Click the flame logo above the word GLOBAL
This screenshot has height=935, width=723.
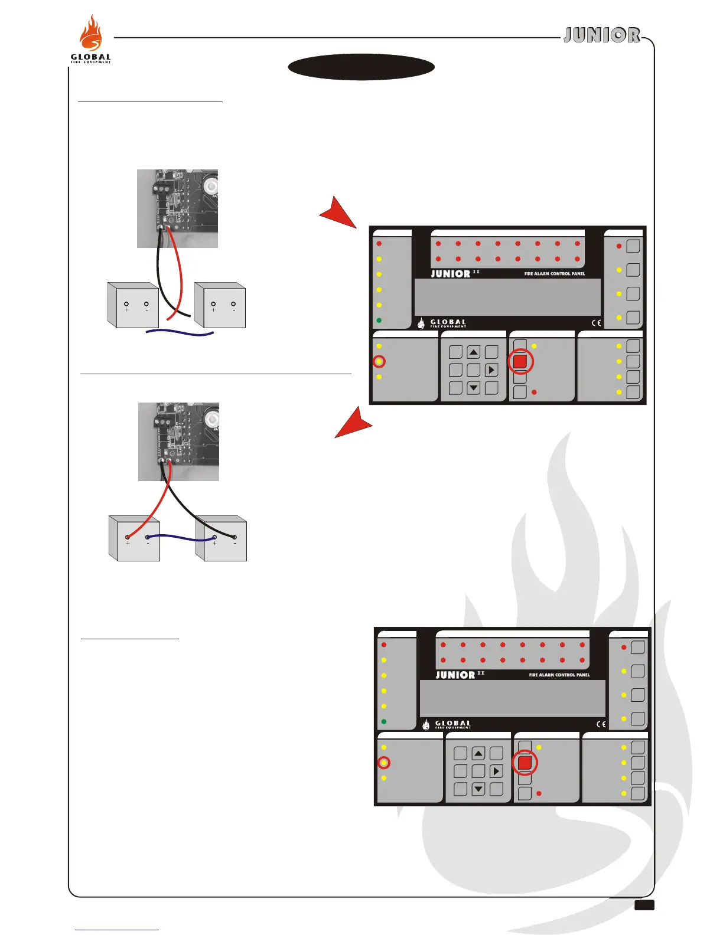pyautogui.click(x=92, y=34)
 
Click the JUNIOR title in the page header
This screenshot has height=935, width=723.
pyautogui.click(x=601, y=35)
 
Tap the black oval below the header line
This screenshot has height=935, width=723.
pyautogui.click(x=361, y=67)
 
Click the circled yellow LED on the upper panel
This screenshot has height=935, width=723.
pyautogui.click(x=379, y=361)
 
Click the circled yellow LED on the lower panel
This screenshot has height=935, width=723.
pyautogui.click(x=384, y=763)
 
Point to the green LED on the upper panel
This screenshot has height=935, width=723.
pyautogui.click(x=379, y=321)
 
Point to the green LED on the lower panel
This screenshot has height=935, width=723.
pyautogui.click(x=384, y=721)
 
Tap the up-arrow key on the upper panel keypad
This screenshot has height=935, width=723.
pyautogui.click(x=474, y=352)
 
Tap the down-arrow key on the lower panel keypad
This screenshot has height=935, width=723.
pyautogui.click(x=478, y=789)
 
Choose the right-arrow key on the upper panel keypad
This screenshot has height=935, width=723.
pyautogui.click(x=491, y=370)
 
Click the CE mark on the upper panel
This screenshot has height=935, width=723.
pyautogui.click(x=597, y=323)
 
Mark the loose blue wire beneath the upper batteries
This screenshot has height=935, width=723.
pyautogui.click(x=180, y=334)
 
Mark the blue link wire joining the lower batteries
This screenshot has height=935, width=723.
pyautogui.click(x=181, y=537)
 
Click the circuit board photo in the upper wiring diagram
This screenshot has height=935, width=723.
pyautogui.click(x=177, y=208)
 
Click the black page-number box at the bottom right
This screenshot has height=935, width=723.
pyautogui.click(x=644, y=905)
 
